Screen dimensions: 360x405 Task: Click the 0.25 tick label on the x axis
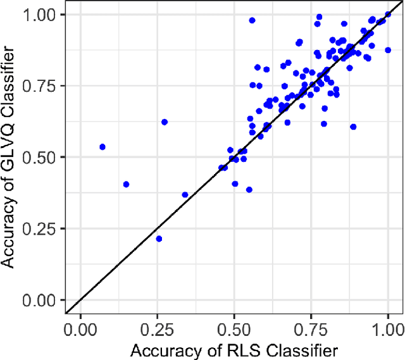click(158, 330)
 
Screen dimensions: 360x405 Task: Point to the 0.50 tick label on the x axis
click(234, 330)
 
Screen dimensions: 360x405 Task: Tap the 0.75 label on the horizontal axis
click(311, 330)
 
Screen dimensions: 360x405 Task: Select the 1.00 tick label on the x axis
click(387, 330)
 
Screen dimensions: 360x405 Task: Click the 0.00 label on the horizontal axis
click(81, 330)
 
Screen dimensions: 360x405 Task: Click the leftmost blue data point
click(103, 147)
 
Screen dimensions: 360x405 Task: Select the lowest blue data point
click(159, 239)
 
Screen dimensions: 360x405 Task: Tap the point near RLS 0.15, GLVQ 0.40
click(126, 184)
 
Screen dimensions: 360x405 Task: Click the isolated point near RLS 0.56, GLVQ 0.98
click(252, 20)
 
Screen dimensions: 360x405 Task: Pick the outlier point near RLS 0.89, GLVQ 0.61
click(353, 127)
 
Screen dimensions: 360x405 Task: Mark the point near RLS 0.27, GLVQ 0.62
click(165, 121)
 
